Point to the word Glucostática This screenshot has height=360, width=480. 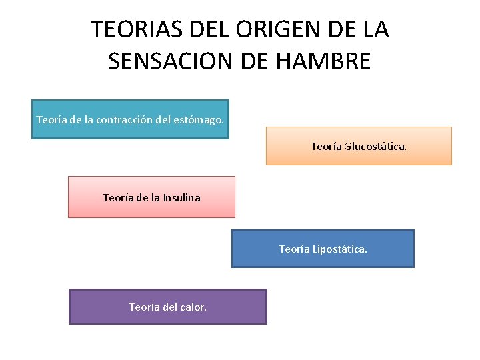click(x=375, y=146)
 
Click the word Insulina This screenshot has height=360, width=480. click(x=179, y=197)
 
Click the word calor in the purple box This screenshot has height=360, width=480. click(x=193, y=307)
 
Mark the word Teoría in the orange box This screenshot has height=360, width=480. click(x=326, y=146)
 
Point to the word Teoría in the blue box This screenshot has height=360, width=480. click(x=294, y=249)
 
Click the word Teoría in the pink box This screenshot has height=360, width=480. click(x=118, y=197)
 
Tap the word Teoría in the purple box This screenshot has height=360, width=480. click(x=144, y=307)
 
